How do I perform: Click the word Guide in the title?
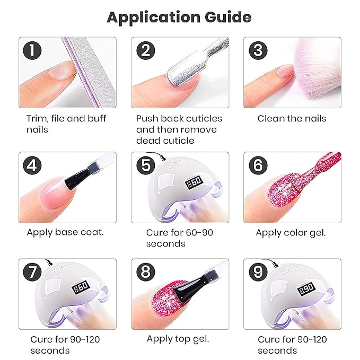coord(228,18)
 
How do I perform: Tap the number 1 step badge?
coord(32,50)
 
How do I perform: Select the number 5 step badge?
coord(146,165)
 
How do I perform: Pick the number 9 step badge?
coord(258,272)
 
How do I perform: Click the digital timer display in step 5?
coord(194,182)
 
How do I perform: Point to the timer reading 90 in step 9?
coord(307,289)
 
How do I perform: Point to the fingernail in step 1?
coord(62,71)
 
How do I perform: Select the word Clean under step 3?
coord(271,118)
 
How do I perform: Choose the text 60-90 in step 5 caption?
coord(199,233)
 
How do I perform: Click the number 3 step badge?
coord(258,50)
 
